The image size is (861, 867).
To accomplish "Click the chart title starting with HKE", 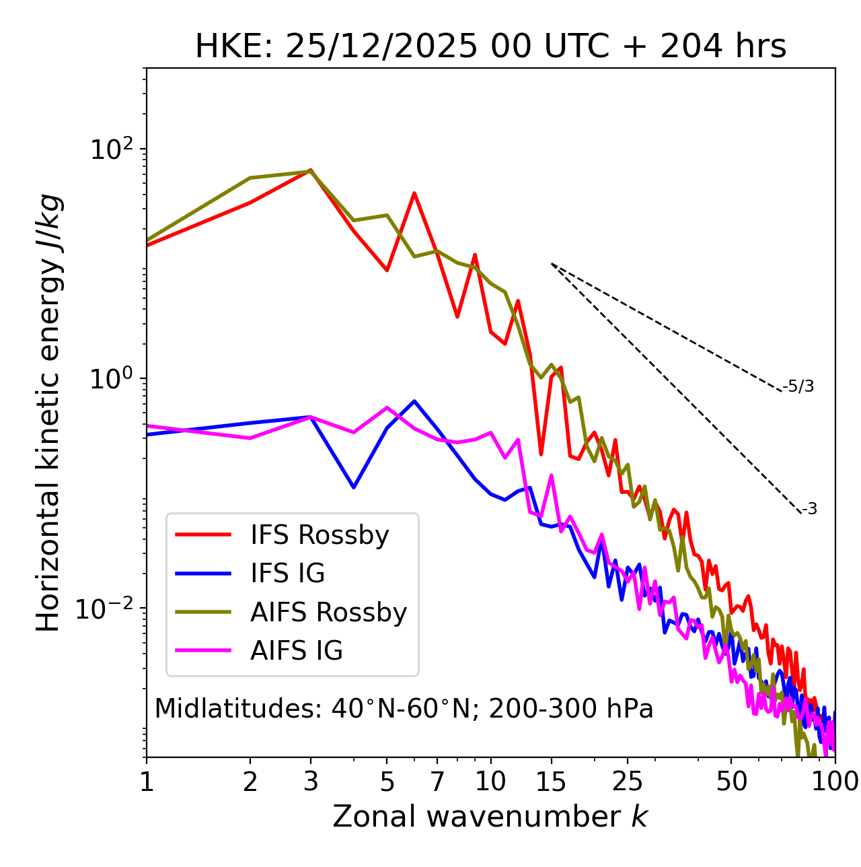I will click(490, 46).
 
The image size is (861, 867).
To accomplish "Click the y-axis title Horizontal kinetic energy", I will click(48, 413).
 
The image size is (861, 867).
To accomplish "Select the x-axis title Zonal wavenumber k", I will click(490, 816).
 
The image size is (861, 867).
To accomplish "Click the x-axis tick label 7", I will click(437, 781).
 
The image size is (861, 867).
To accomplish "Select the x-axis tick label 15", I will click(551, 781).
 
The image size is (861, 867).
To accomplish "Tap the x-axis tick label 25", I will click(628, 781).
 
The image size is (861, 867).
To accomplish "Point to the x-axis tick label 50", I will click(731, 781).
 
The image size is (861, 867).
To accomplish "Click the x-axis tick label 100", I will click(834, 781).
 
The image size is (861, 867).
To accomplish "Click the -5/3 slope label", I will click(798, 386).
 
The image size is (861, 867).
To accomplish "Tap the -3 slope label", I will click(809, 510).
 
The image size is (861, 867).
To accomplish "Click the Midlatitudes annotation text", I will click(404, 709).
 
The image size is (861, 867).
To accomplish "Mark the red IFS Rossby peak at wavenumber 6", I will click(414, 193).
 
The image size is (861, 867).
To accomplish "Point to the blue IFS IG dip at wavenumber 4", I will click(354, 487).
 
